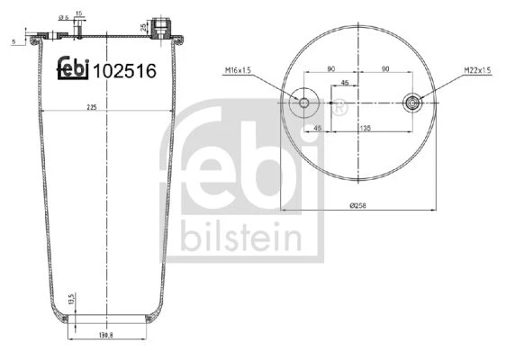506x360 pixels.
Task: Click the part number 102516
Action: [124, 71]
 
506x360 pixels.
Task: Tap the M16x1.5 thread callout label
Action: [238, 70]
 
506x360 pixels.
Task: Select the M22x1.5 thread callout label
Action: [477, 69]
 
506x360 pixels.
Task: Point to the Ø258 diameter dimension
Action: [358, 205]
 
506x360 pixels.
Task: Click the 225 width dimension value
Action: [92, 107]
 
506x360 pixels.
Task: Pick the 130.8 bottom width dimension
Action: [105, 335]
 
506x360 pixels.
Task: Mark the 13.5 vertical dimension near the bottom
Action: [72, 299]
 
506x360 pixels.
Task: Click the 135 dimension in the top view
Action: [365, 128]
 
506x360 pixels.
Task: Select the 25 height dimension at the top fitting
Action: [143, 27]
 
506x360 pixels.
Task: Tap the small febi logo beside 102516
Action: [73, 67]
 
